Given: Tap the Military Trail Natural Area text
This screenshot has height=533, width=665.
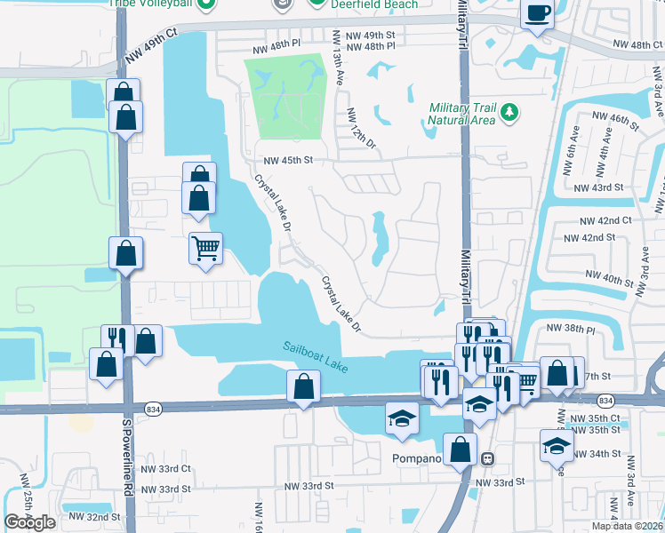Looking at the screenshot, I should point(461,113).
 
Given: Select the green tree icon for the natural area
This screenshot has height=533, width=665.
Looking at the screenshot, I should point(509,112).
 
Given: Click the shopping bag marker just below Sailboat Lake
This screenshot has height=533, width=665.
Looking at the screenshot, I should point(304,386).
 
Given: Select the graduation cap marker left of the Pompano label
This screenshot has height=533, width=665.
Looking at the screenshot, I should point(402,417).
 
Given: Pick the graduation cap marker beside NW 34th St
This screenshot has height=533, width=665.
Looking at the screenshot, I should point(557,444).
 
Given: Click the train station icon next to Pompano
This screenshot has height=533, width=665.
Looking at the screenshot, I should point(487,458).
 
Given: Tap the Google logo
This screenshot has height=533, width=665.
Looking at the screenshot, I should point(29,522).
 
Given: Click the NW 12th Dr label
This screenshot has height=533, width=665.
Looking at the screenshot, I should point(362,129).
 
